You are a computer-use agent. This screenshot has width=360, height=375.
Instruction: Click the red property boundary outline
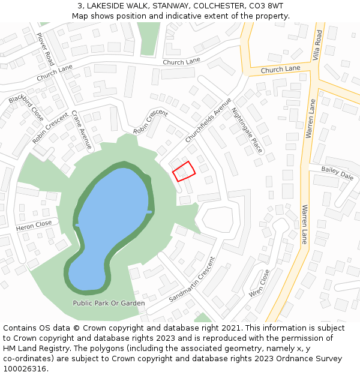pyautogui.click(x=184, y=171)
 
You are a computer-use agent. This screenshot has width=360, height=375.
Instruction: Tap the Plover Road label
pyautogui.click(x=45, y=49)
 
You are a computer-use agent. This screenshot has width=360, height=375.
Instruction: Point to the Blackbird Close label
pyautogui.click(x=26, y=107)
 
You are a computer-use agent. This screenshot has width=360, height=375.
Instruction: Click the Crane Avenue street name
pyautogui.click(x=82, y=130)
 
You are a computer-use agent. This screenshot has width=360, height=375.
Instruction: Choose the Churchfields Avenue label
pyautogui.click(x=208, y=120)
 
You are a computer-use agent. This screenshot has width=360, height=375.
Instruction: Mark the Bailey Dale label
pyautogui.click(x=337, y=173)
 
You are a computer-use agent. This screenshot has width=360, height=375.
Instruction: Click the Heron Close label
pyautogui.click(x=34, y=225)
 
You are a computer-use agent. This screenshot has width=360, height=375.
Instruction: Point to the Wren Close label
pyautogui.click(x=260, y=284)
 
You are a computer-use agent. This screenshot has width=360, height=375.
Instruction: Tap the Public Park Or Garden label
pyautogui.click(x=109, y=303)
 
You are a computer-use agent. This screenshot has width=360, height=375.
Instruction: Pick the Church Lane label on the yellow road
pyautogui.click(x=280, y=70)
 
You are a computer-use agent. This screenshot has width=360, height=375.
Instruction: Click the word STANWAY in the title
pyautogui.click(x=165, y=5)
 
